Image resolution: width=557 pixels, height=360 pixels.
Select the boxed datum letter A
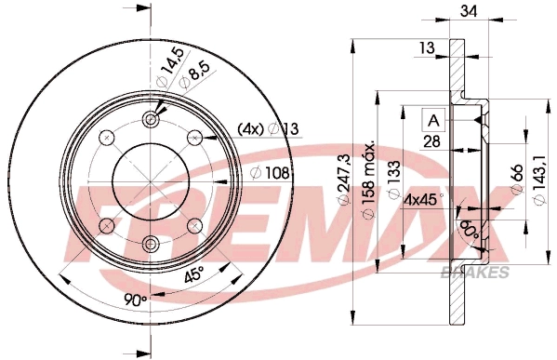tap(433, 118)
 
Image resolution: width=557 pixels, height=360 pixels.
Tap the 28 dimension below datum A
tap(433, 140)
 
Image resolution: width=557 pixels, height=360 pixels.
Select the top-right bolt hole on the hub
tap(195, 138)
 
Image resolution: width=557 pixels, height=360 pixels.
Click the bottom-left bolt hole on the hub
tap(108, 224)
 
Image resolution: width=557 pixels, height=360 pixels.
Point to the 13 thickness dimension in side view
tap(427, 47)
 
